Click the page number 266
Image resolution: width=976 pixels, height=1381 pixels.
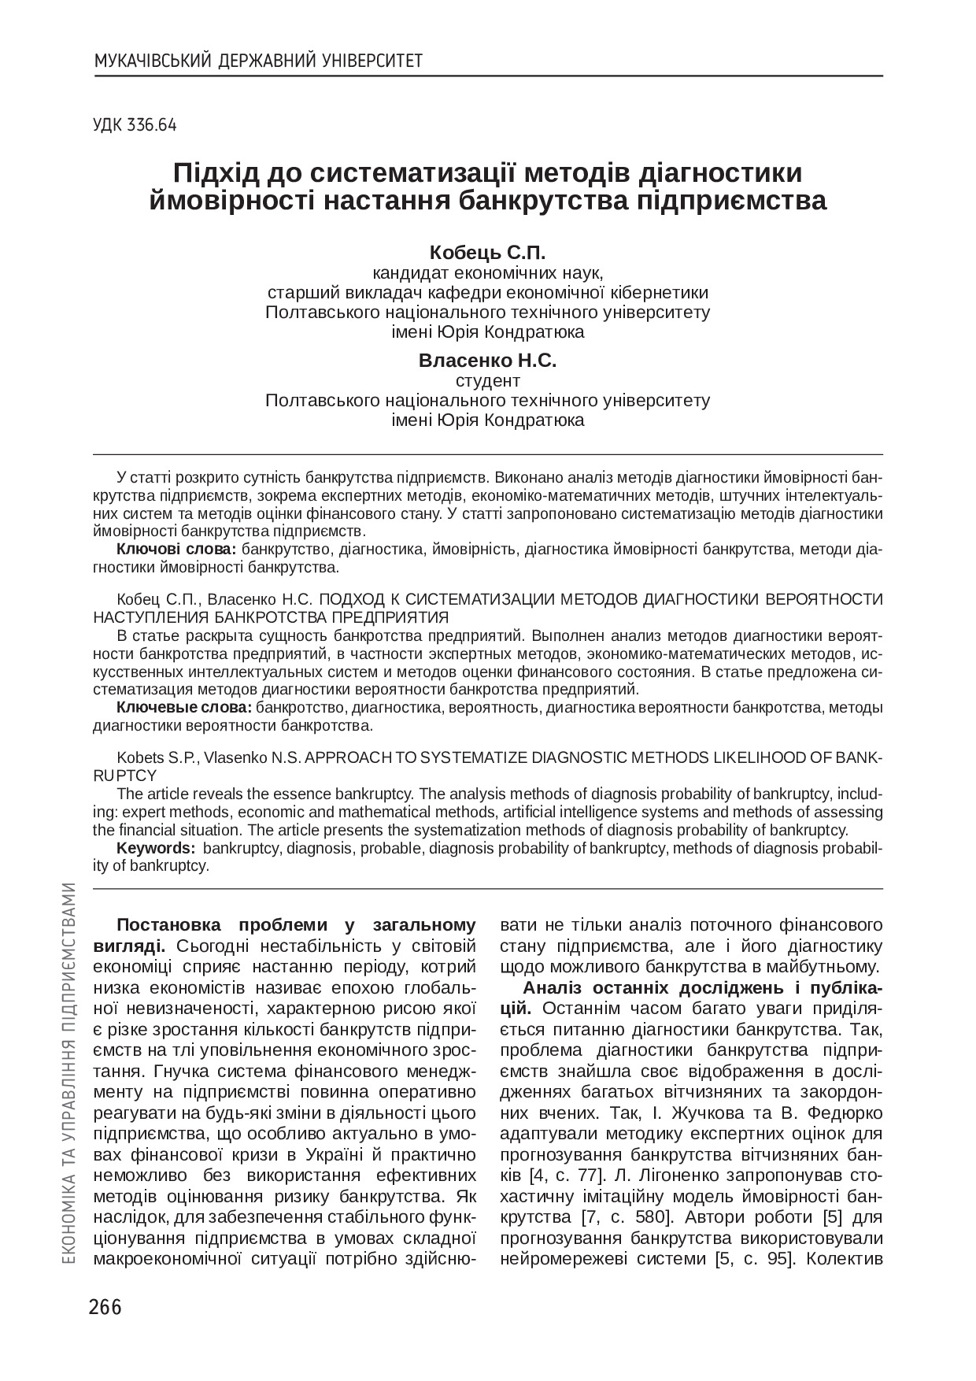click(105, 1307)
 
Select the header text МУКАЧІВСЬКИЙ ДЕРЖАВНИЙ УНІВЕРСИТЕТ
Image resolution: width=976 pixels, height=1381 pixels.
click(258, 61)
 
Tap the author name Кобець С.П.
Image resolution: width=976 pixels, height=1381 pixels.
click(487, 253)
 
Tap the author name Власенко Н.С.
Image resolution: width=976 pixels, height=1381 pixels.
click(487, 361)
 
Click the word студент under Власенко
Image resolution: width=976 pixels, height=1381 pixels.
click(488, 381)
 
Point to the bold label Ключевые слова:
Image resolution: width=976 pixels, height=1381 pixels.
click(184, 707)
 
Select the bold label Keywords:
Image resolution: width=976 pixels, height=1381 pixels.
click(156, 848)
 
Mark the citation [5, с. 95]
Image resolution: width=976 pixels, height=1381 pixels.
click(756, 1258)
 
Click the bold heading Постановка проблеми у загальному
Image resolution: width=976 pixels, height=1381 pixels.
click(296, 925)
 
